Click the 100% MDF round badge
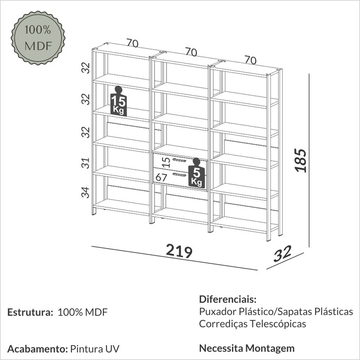click(x=38, y=38)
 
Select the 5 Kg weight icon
click(x=197, y=173)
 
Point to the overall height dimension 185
click(x=300, y=160)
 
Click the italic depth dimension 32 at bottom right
click(x=283, y=254)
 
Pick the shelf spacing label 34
click(x=85, y=193)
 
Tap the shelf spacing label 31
click(x=85, y=163)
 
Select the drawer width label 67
click(x=161, y=177)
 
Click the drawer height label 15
click(x=166, y=162)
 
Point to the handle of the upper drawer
click(x=179, y=160)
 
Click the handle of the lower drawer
click(x=179, y=175)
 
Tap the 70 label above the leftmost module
click(x=132, y=43)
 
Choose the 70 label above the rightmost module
click(x=250, y=60)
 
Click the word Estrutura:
click(x=30, y=312)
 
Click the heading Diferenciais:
click(x=228, y=299)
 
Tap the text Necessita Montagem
click(x=247, y=348)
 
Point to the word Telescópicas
click(x=278, y=324)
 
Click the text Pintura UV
click(x=95, y=349)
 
